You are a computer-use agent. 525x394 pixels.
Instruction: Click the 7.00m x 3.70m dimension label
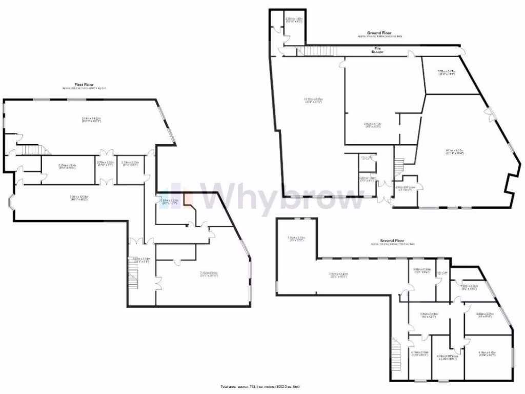point(296,238)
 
